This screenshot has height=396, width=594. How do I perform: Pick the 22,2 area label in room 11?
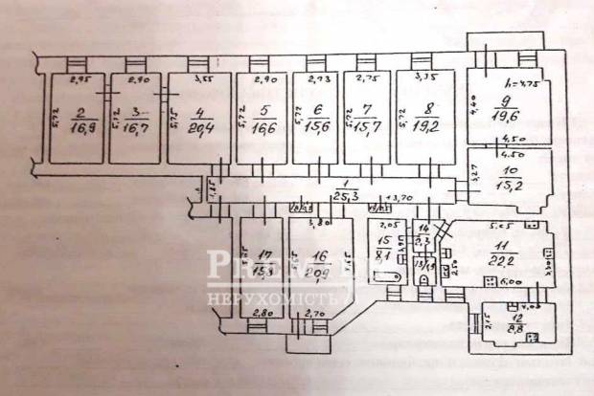(x=499, y=259)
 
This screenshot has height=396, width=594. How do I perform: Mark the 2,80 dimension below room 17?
(x=260, y=312)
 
